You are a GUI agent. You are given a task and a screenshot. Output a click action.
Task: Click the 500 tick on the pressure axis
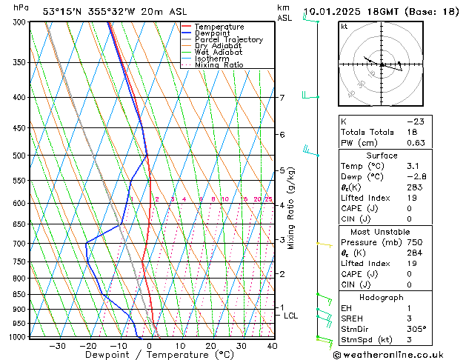coord(20,156)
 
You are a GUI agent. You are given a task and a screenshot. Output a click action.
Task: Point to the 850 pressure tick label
coord(20,294)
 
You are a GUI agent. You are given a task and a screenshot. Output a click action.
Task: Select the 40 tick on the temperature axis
coord(273,346)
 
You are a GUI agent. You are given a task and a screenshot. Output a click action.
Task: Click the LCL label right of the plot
coord(291,316)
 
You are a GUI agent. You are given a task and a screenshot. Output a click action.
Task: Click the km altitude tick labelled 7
coord(282,98)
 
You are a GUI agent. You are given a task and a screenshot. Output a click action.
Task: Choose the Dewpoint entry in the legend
coord(213,33)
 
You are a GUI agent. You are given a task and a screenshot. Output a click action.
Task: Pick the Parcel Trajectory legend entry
coord(228,40)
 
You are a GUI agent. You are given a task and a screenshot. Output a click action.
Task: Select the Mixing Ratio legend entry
coord(219,65)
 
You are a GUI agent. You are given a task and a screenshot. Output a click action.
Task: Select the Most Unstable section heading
coord(382,231)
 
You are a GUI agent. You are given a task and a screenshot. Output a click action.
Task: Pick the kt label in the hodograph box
coord(344,26)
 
